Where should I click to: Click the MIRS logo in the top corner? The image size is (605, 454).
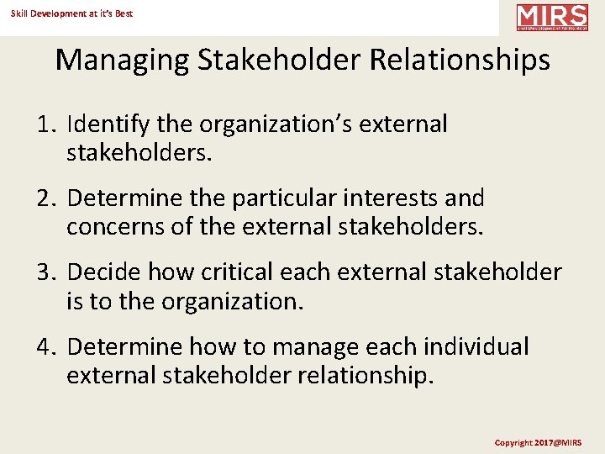[552, 18]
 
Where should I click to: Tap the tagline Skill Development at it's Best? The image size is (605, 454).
[71, 13]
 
